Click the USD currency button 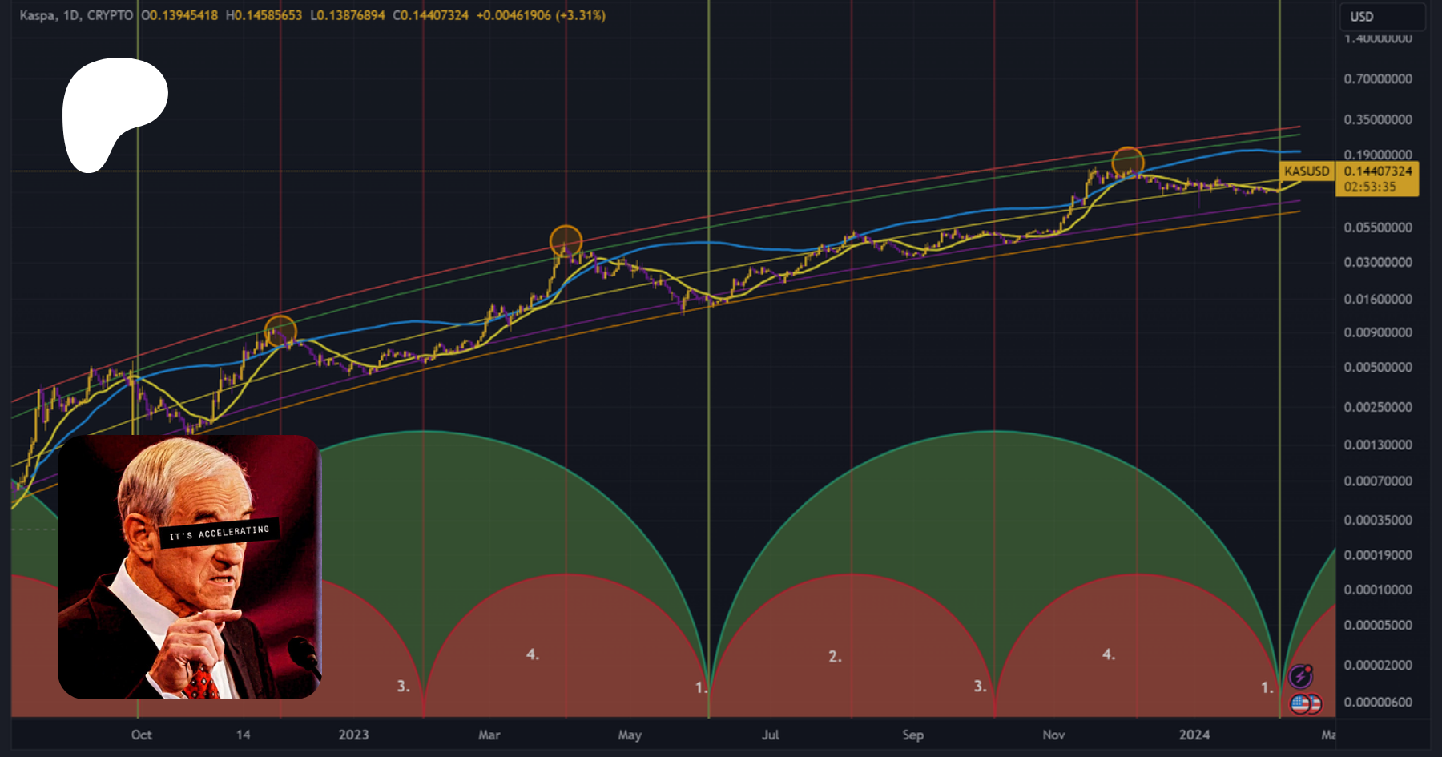[1362, 17]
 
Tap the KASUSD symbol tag [1307, 171]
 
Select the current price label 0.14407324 [1378, 171]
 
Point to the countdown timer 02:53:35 [1370, 187]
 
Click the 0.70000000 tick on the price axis [1378, 79]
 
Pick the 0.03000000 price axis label [1378, 263]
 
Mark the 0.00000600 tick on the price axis [1378, 703]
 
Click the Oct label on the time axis [142, 735]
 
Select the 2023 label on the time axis [353, 735]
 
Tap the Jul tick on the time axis [771, 735]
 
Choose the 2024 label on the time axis [1194, 735]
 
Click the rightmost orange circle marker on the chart [1128, 163]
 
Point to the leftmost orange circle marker [280, 331]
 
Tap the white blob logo [112, 108]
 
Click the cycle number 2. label [835, 657]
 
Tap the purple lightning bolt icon [1300, 677]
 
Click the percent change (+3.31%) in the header [581, 15]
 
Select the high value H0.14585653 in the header [264, 15]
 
